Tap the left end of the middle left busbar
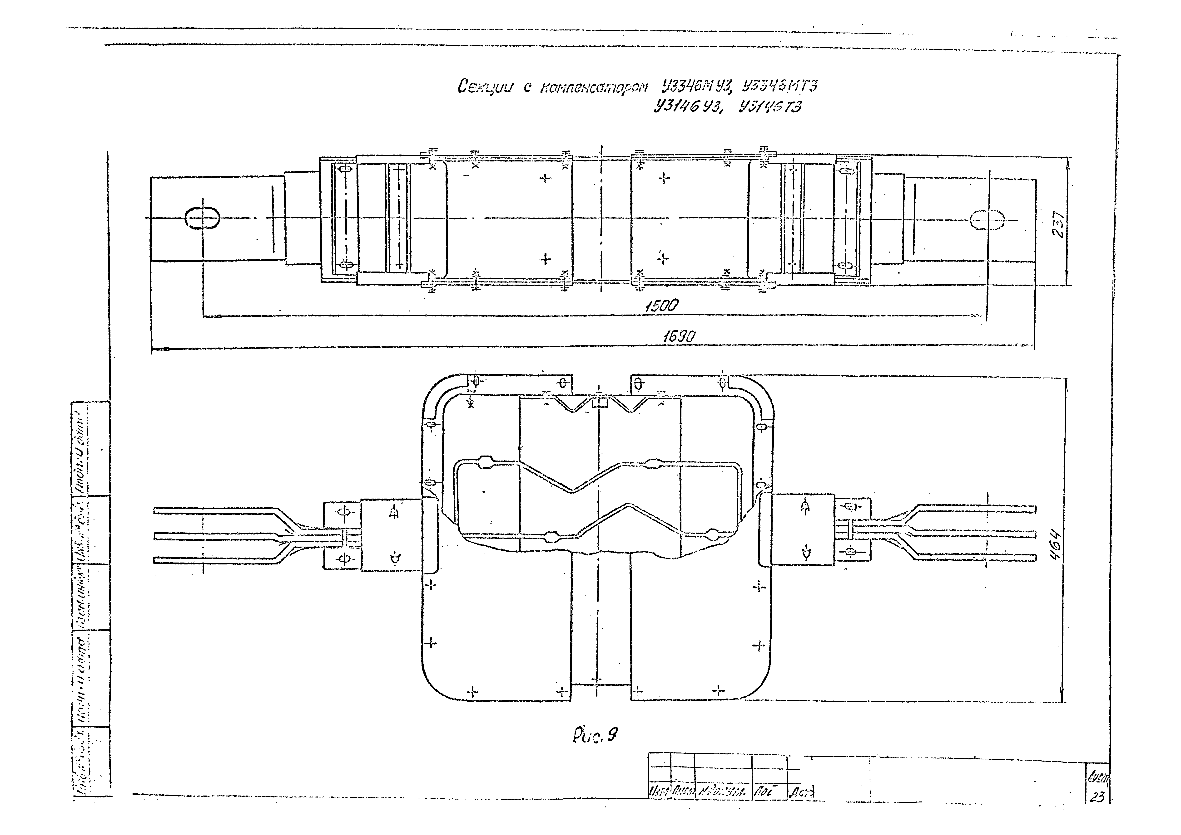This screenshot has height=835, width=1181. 156,536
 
